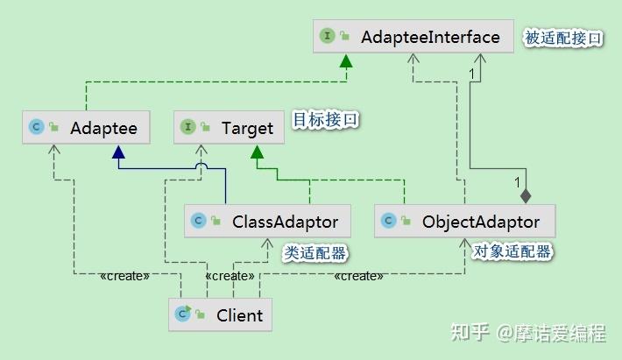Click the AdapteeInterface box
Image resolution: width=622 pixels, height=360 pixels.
click(x=413, y=37)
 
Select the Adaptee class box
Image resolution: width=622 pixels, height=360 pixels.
click(x=86, y=127)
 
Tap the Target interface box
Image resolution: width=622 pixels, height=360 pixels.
click(x=229, y=127)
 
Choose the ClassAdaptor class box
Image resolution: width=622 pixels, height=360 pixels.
click(x=267, y=222)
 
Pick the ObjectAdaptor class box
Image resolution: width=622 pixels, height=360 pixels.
click(x=465, y=222)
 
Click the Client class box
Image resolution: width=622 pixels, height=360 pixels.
click(x=220, y=314)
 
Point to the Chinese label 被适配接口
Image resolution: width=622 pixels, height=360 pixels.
click(x=563, y=39)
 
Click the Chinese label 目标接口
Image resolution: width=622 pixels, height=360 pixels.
click(x=325, y=120)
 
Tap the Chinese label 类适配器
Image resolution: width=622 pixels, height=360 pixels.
click(x=315, y=253)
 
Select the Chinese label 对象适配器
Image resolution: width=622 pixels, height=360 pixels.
click(x=512, y=251)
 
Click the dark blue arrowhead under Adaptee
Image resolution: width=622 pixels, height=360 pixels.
click(x=118, y=152)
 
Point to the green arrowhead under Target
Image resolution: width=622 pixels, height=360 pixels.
click(x=257, y=152)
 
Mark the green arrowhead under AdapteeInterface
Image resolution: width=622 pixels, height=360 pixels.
click(x=346, y=60)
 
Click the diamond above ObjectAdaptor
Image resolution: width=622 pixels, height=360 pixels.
click(x=526, y=196)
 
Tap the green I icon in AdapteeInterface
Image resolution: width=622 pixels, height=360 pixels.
click(x=328, y=36)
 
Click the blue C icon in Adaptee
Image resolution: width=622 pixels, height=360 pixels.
click(x=37, y=127)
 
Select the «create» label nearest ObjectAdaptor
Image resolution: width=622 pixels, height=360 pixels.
click(x=358, y=276)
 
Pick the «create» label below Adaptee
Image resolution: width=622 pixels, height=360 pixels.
click(x=124, y=276)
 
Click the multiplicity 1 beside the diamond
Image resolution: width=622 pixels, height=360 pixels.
click(x=517, y=182)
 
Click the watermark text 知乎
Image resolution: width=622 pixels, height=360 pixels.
click(x=470, y=332)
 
